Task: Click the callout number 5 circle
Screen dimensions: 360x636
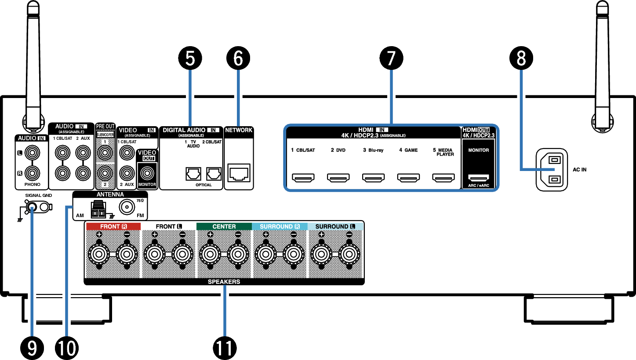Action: (x=190, y=59)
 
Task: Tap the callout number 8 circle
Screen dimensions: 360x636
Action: (x=521, y=59)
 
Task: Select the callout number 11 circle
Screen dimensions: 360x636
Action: (x=225, y=348)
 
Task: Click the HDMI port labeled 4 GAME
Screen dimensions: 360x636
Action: (x=408, y=178)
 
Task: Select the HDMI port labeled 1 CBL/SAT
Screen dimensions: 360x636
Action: (x=303, y=178)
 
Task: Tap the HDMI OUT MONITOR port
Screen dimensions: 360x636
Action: (x=478, y=178)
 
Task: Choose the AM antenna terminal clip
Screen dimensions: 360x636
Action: (x=98, y=210)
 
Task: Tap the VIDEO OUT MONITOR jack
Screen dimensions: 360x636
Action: (x=147, y=172)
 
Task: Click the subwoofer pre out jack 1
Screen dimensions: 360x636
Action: (x=105, y=153)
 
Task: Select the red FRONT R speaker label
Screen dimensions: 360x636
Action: (x=113, y=226)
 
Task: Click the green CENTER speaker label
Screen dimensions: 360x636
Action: (x=224, y=226)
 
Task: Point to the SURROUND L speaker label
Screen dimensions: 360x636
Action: (x=335, y=226)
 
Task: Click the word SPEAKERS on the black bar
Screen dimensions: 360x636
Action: (x=224, y=282)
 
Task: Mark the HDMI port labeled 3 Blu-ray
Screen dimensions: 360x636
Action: (x=373, y=178)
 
